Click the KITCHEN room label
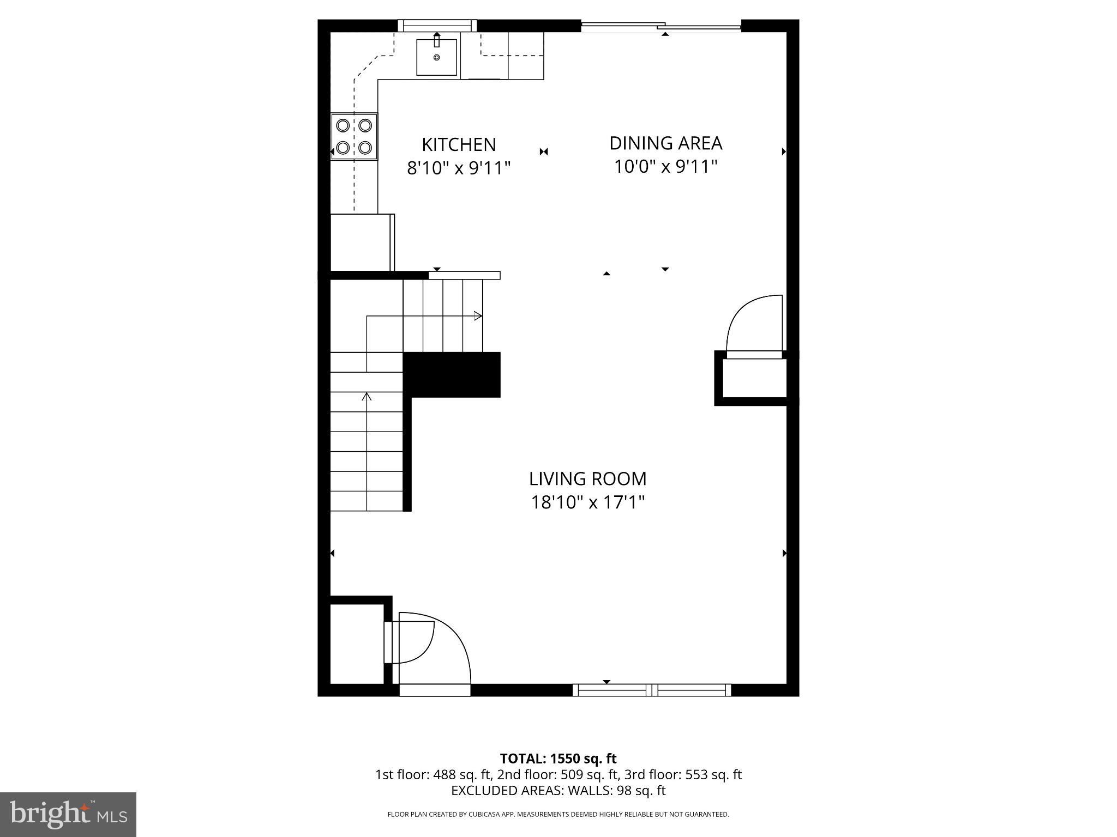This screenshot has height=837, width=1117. (459, 144)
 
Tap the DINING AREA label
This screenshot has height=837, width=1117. (665, 143)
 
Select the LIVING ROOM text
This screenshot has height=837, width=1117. (587, 478)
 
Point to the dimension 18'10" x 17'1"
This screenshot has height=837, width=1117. (587, 502)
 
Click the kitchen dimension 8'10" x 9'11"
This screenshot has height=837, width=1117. (459, 168)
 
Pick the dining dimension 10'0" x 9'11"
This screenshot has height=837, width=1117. (665, 166)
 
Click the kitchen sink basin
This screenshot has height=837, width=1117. (436, 57)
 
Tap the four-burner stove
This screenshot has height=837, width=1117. (354, 136)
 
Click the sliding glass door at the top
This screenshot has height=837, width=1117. (661, 26)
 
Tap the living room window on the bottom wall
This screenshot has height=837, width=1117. (652, 690)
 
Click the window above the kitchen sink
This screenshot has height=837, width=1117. (436, 25)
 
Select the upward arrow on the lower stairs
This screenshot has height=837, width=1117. (367, 397)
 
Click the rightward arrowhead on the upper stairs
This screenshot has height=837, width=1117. (478, 316)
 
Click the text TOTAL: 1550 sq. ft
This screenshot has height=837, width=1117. (558, 759)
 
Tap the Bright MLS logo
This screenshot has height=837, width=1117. (68, 814)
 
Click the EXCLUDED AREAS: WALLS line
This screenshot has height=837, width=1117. (558, 790)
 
